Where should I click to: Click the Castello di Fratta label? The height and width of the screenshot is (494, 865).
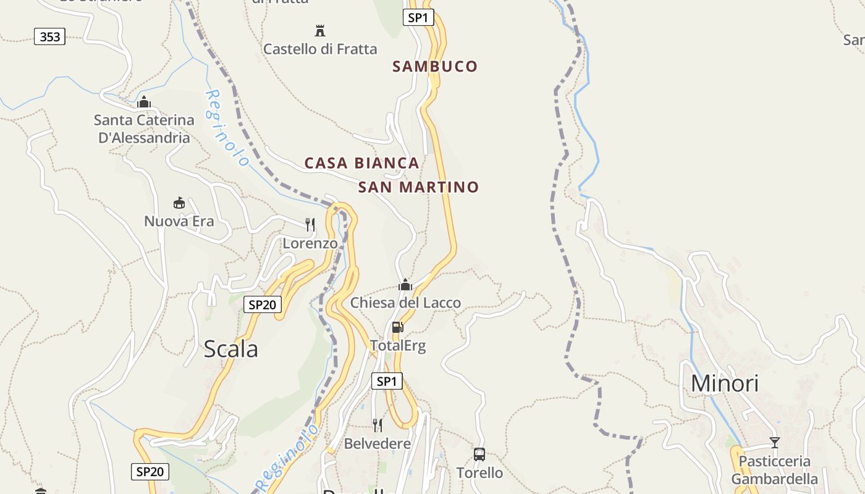[x=320, y=49]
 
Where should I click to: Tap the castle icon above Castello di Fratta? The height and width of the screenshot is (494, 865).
[x=320, y=30]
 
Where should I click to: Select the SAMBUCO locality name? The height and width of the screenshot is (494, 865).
[x=435, y=66]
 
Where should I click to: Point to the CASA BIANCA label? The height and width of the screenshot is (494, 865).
[x=362, y=163]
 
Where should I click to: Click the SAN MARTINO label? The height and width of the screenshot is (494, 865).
[x=418, y=186]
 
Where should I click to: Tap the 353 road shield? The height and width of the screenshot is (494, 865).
[x=50, y=37]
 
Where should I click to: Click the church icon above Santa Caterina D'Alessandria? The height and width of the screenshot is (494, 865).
[x=144, y=102]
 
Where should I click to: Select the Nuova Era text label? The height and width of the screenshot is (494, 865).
[x=179, y=221]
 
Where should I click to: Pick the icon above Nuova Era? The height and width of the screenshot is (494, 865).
[x=179, y=203]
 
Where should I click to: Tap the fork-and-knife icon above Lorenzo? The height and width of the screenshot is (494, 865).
[x=310, y=224]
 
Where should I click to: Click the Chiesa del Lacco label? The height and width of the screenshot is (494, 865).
[x=405, y=303]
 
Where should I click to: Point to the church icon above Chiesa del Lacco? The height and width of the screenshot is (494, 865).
[x=405, y=285]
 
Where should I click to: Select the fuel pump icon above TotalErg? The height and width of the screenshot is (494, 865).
[x=397, y=327]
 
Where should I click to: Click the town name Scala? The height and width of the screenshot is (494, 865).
[x=230, y=349]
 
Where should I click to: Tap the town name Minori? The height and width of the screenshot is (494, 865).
[x=724, y=383]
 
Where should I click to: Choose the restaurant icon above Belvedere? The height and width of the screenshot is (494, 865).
[x=377, y=425]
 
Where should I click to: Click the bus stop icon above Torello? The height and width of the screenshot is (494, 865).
[x=479, y=454]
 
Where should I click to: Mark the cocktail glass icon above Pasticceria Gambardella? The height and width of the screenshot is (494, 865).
[x=774, y=442]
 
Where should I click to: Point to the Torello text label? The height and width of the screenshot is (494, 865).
[x=479, y=473]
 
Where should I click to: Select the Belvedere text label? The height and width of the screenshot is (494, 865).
[x=377, y=443]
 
